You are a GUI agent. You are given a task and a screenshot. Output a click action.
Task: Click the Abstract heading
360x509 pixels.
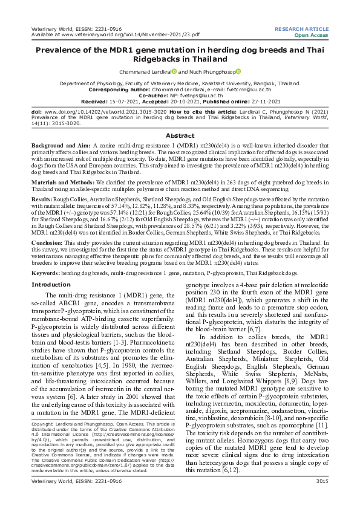(180, 136)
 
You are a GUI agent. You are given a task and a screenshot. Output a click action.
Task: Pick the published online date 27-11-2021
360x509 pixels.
(237, 101)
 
